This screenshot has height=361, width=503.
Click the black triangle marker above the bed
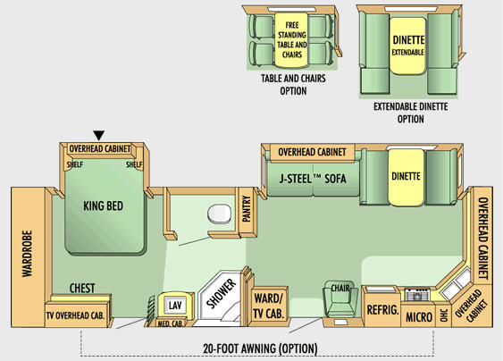point(99,135)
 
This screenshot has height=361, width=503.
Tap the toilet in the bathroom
point(220,214)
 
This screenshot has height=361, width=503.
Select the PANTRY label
point(246,209)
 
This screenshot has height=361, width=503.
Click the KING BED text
point(104,206)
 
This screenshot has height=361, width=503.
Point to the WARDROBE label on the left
point(28,254)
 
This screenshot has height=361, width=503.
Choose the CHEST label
point(82,288)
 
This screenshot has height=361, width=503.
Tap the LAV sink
point(175,305)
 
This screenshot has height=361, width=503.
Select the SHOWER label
point(222,293)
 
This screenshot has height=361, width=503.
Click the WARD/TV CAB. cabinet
point(268,306)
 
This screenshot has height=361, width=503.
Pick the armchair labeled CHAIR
point(340,298)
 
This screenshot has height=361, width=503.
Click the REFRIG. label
point(383,310)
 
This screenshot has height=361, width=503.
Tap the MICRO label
point(419,317)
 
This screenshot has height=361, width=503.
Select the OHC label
point(444,315)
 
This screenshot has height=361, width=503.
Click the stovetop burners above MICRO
point(417,295)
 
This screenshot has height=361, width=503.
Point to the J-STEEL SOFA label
point(313,179)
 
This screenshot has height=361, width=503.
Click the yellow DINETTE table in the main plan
point(407,177)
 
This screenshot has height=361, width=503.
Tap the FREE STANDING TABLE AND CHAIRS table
point(292,40)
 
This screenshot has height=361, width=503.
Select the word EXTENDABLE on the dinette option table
point(408,52)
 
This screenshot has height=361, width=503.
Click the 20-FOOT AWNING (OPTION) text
point(260,348)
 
